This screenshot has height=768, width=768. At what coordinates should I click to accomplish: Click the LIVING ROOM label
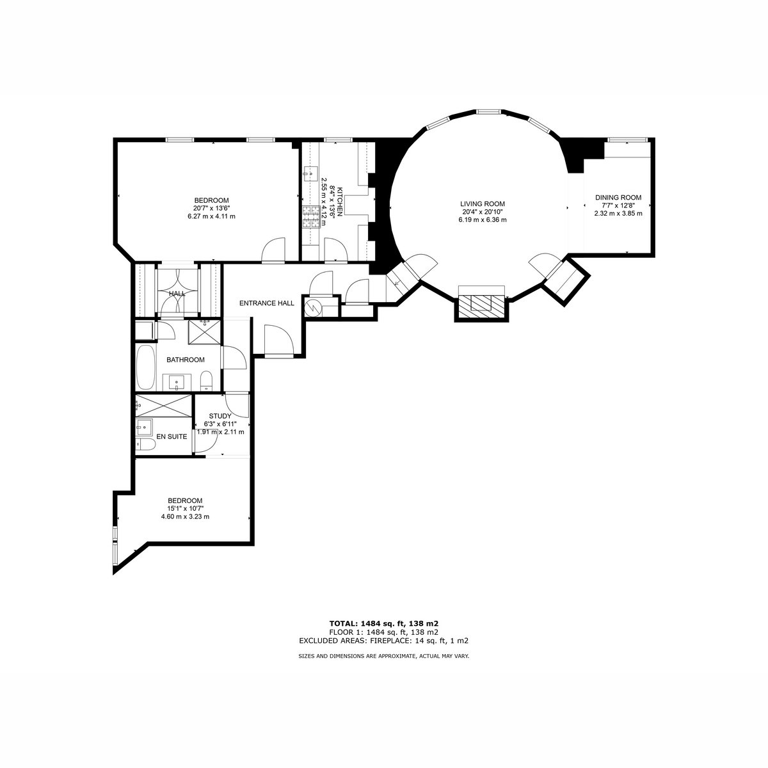point(483,204)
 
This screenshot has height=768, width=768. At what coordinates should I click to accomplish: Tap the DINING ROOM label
point(618,197)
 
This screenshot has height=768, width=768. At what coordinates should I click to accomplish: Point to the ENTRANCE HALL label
point(267,303)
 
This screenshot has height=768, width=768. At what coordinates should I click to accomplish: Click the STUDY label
point(220,416)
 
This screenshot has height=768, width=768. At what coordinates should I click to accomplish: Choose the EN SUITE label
point(172,436)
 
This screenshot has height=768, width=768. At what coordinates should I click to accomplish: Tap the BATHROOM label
point(186,360)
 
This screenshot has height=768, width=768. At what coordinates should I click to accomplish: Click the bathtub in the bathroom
point(145,367)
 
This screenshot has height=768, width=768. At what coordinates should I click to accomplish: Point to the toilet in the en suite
point(145,444)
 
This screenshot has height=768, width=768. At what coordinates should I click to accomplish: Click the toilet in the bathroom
point(206,380)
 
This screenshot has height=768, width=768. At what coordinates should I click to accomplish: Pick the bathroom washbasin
point(176,382)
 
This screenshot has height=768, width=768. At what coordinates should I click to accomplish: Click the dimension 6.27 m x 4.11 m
point(211,216)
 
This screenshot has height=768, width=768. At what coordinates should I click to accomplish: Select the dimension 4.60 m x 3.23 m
point(185,516)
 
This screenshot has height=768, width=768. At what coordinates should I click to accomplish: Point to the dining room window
point(627,140)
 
